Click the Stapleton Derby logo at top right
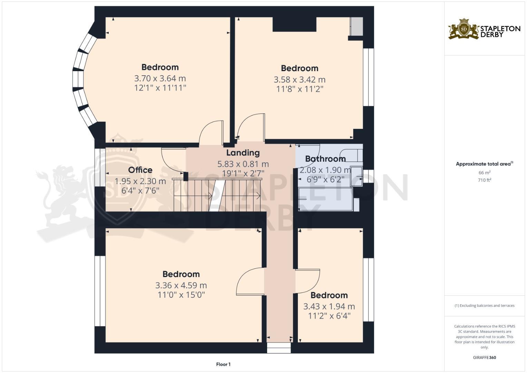(x=484, y=29)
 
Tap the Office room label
(x=140, y=170)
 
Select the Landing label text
(x=243, y=153)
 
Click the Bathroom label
(x=325, y=159)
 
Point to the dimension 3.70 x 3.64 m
(x=160, y=78)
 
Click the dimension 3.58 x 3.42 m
(x=299, y=80)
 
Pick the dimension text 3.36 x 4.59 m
(x=181, y=286)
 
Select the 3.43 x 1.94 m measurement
(x=329, y=307)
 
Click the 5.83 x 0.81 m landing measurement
(x=243, y=164)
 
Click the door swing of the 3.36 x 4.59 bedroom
(x=249, y=281)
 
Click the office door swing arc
(x=173, y=161)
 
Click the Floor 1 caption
(x=223, y=364)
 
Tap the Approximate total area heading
(x=484, y=164)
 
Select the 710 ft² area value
(x=484, y=180)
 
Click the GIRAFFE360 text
(x=484, y=357)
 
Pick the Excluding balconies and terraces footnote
(x=484, y=306)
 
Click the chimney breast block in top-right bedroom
(x=294, y=24)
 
